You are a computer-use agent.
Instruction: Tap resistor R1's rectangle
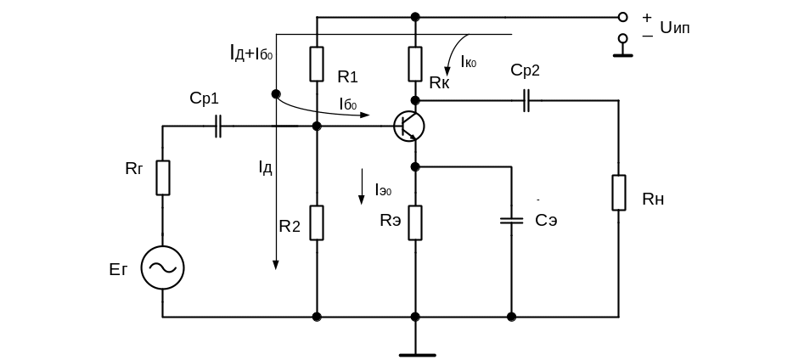click(316, 63)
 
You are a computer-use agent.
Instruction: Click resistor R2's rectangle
click(316, 222)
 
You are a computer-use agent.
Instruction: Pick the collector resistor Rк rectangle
click(415, 63)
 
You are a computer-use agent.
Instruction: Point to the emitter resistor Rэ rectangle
click(415, 222)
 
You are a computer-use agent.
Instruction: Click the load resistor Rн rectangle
click(618, 193)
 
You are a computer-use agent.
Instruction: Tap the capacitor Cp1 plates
click(218, 127)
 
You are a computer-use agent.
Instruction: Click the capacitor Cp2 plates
click(526, 100)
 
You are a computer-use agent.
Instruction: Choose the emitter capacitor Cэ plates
click(511, 221)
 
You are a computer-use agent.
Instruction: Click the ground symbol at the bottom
click(415, 349)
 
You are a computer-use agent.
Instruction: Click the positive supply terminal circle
click(622, 16)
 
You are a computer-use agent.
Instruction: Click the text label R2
click(290, 226)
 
